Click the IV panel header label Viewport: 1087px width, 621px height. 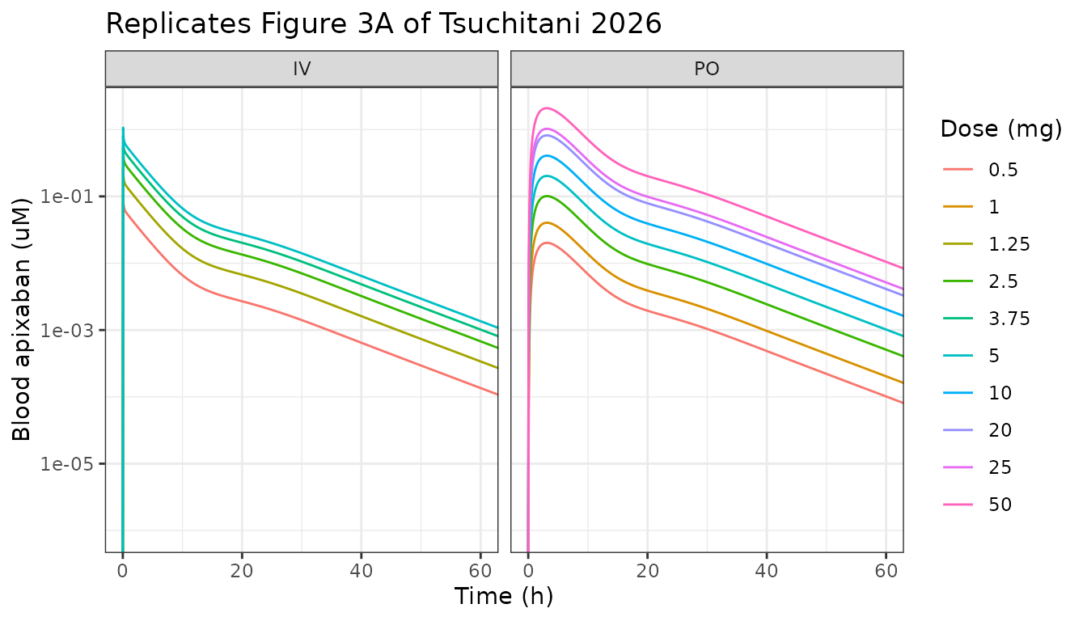point(302,69)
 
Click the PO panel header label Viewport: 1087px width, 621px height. point(707,69)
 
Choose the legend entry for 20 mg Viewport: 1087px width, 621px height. point(977,430)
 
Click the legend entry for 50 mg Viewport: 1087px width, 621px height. point(977,505)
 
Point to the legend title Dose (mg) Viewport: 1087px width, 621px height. point(1001,129)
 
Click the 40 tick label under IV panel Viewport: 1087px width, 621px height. point(361,571)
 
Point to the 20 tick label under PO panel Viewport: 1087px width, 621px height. point(647,571)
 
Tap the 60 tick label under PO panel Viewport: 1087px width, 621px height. point(886,571)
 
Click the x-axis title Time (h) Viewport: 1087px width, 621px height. point(504,596)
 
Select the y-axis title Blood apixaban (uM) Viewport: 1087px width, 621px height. point(21,319)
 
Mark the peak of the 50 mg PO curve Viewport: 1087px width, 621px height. point(547,108)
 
